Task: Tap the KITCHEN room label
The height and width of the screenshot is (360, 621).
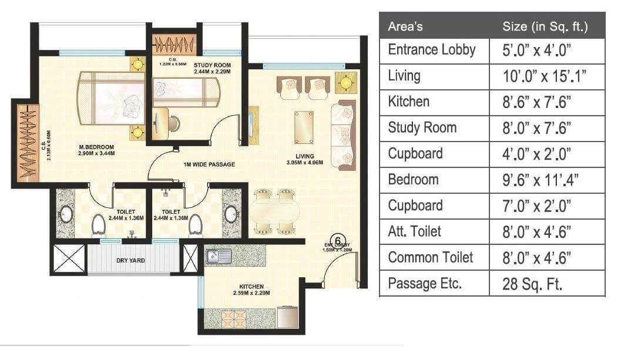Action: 251,287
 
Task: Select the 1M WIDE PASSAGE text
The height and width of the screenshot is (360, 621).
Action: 209,164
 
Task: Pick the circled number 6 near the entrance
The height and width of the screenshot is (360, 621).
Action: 338,239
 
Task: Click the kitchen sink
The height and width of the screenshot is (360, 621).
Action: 218,255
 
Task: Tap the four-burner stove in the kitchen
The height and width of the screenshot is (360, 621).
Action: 233,318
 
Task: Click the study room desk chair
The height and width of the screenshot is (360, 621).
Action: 172,123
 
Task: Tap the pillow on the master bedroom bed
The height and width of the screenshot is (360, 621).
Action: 132,100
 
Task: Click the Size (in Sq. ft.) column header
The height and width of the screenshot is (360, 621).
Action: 545,27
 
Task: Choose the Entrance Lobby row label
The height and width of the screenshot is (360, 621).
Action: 432,50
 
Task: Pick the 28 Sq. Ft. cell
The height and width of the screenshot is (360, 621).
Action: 533,284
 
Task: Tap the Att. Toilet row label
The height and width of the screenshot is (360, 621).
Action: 415,231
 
